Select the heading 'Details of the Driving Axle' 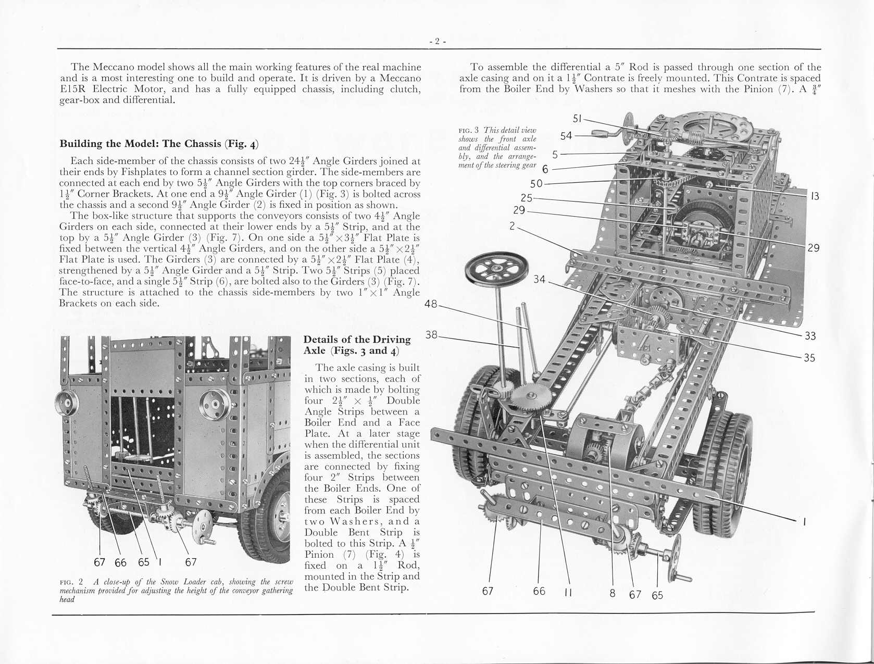point(357,345)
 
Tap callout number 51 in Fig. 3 point(577,119)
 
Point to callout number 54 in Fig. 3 point(566,136)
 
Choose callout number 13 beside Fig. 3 point(815,196)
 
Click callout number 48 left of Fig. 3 point(431,304)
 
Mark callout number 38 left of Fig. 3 point(432,335)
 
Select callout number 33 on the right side point(810,336)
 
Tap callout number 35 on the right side point(809,358)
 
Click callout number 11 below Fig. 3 point(568,592)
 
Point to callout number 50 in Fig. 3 point(536,184)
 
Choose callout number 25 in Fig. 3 point(527,198)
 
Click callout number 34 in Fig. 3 point(539,280)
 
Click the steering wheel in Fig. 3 point(492,270)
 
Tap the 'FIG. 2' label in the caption point(69,582)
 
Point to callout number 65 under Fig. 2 point(144,562)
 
